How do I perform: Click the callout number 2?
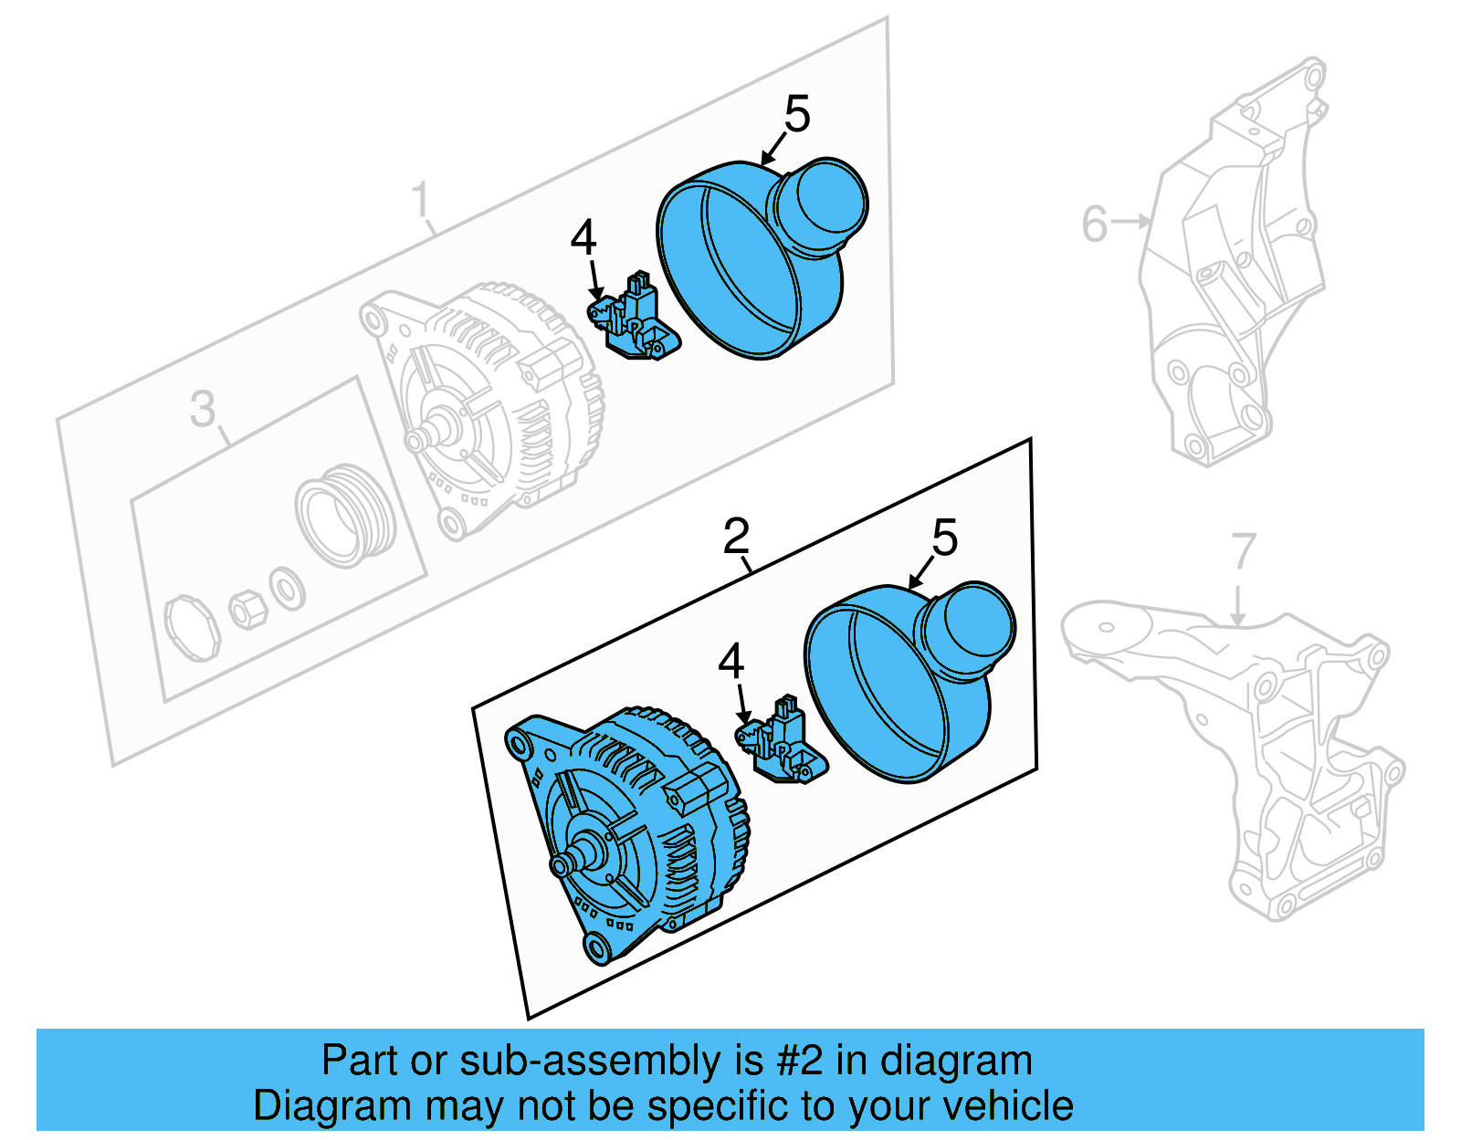click(736, 537)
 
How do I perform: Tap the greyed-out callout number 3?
click(203, 408)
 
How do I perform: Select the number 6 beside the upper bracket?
click(1094, 223)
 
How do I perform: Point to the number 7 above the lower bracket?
click(1244, 550)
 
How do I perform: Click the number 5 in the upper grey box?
click(796, 115)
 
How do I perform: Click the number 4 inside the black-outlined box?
click(730, 661)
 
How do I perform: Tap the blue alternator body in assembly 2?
click(639, 821)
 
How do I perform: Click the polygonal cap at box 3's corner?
click(192, 627)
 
